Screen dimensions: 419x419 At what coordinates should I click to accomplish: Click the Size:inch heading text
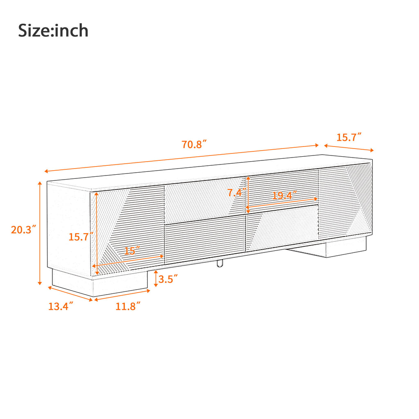point(53,31)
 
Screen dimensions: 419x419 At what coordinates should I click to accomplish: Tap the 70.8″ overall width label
point(194,144)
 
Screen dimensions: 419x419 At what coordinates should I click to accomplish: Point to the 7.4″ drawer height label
point(237,193)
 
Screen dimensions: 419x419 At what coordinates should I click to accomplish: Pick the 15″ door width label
point(132,251)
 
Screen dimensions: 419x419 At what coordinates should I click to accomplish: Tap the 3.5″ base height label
point(168,279)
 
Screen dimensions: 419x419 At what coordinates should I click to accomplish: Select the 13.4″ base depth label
point(61,306)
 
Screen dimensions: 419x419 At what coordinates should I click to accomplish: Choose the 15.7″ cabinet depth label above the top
point(349,137)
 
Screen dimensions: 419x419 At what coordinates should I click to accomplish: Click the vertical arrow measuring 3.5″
point(156,279)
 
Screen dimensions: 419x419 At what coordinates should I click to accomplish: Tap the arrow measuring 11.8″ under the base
point(123,295)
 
